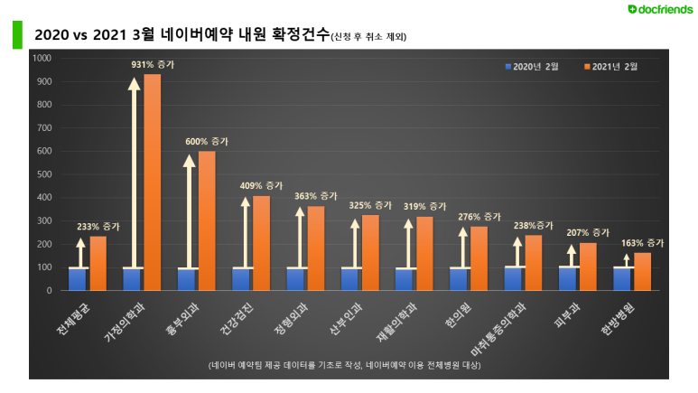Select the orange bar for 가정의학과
click(x=153, y=182)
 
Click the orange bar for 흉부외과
click(x=207, y=220)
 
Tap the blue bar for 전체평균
click(x=79, y=279)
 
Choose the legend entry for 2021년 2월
click(x=618, y=66)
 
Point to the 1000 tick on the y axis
click(x=43, y=58)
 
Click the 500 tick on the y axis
click(x=45, y=174)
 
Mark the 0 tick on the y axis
click(x=51, y=291)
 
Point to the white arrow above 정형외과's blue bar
click(x=299, y=239)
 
